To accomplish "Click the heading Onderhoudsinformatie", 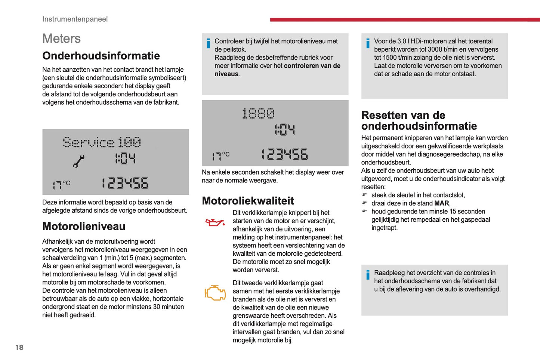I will click(101, 56).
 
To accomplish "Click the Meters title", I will click(61, 39).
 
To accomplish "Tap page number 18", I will click(19, 347).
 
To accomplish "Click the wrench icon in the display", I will click(78, 161).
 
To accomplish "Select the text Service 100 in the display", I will click(102, 142).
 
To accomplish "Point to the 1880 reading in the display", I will click(258, 113).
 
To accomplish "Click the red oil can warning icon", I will click(215, 223).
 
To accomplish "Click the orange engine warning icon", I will click(215, 293).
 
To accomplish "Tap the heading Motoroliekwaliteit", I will click(248, 201).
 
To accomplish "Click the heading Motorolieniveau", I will click(84, 226).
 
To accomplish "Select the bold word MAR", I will click(442, 203).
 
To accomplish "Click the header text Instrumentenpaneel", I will click(75, 19).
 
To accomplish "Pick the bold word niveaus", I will click(226, 74).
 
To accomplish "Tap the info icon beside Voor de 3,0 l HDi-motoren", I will click(368, 43).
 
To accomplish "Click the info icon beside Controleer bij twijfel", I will click(208, 43).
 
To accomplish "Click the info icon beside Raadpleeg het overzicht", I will click(368, 275).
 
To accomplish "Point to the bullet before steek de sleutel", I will click(364, 195).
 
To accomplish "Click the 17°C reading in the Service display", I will click(61, 184).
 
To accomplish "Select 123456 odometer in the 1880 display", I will click(284, 154).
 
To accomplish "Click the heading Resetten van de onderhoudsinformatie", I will click(419, 120).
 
